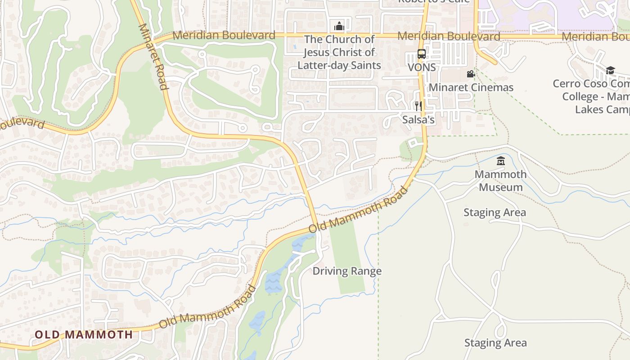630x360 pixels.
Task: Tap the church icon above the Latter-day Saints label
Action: pyautogui.click(x=339, y=26)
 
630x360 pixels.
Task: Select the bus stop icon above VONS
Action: pyautogui.click(x=421, y=54)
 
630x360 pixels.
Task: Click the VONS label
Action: pyautogui.click(x=422, y=67)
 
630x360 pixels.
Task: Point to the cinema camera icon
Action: pyautogui.click(x=471, y=74)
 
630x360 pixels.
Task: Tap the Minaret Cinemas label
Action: pyautogui.click(x=471, y=87)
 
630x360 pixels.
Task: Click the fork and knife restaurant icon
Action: pyautogui.click(x=418, y=106)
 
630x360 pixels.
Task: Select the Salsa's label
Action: pyautogui.click(x=418, y=120)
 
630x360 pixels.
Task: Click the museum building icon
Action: pyautogui.click(x=500, y=161)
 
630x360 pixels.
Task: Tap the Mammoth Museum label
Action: pyautogui.click(x=500, y=180)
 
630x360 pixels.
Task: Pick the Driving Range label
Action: pyautogui.click(x=347, y=271)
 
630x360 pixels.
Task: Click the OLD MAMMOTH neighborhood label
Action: pyautogui.click(x=84, y=335)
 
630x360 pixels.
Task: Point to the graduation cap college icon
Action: pyautogui.click(x=610, y=70)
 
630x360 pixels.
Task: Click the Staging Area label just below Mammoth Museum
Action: pyautogui.click(x=495, y=212)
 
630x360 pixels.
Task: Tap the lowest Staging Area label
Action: pyautogui.click(x=495, y=343)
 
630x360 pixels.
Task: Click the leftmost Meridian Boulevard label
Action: pyautogui.click(x=224, y=35)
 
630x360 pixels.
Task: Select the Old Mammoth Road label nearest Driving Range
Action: pyautogui.click(x=359, y=210)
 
